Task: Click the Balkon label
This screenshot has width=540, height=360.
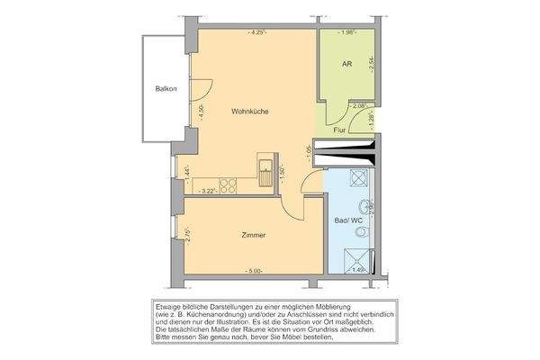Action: coord(166,89)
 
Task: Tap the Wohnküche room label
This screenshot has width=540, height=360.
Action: coord(251,112)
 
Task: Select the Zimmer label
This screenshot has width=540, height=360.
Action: coord(255,235)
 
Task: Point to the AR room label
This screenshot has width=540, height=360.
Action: coord(346,66)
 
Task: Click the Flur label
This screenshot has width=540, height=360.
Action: coord(339,130)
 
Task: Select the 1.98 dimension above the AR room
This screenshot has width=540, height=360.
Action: coord(347,33)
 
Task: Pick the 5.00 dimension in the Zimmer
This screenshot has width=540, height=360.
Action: coord(255,271)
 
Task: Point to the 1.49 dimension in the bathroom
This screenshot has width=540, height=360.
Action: coord(357,269)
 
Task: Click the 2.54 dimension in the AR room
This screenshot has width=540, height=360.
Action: coord(371,65)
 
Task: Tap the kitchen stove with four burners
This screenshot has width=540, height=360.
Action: coord(228,186)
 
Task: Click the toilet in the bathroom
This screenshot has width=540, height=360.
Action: coord(362,232)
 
